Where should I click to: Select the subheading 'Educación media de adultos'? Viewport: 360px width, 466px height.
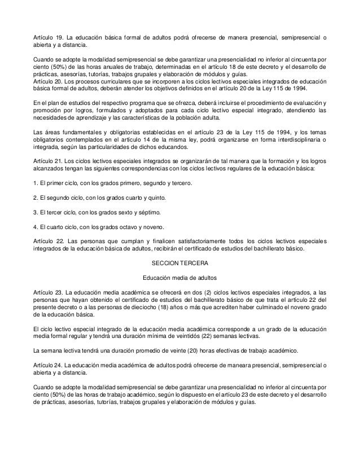[180, 278]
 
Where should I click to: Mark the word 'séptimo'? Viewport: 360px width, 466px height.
[151, 213]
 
